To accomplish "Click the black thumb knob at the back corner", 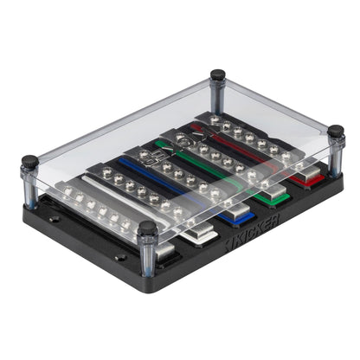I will pos(218,75).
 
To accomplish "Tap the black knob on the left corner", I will pos(30,161).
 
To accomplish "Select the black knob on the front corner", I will pos(148,229).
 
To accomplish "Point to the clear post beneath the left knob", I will pos(31,186).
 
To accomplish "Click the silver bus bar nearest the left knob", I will pos(95,212).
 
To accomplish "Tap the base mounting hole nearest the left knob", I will pos(54,219).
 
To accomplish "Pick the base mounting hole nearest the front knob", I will pos(120,257).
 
